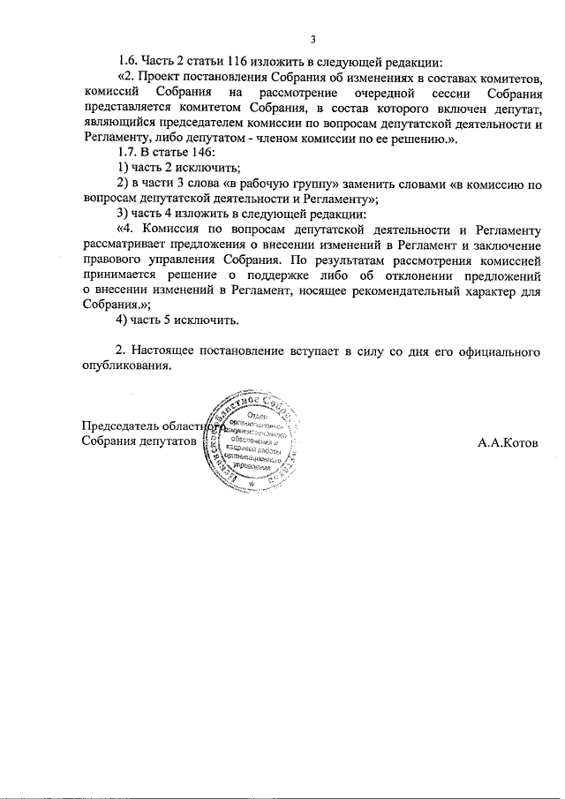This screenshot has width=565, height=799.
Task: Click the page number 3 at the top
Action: point(313,38)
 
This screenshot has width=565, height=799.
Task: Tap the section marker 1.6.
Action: point(129,62)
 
